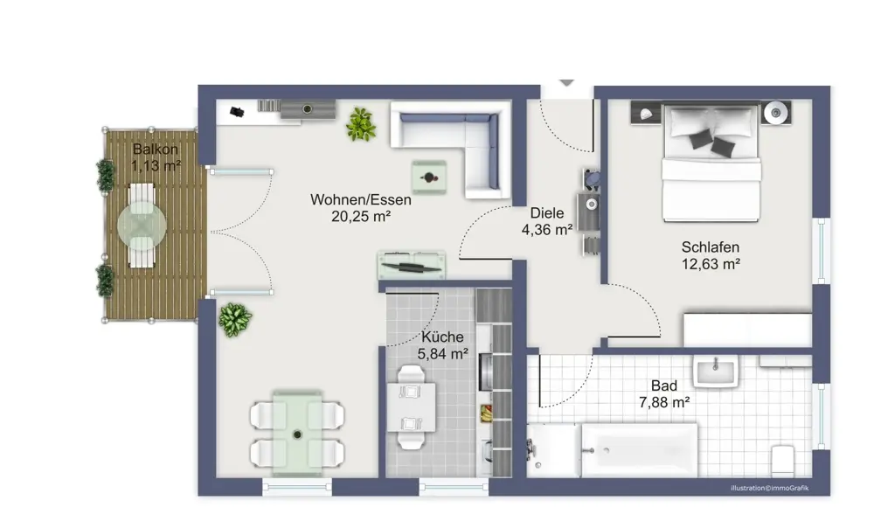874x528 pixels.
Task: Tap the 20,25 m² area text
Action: click(360, 217)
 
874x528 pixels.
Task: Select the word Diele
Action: click(547, 213)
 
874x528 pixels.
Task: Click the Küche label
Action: click(442, 337)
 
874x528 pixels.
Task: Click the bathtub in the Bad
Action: click(639, 449)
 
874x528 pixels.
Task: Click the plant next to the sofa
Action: click(360, 124)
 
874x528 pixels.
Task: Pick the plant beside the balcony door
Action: click(234, 319)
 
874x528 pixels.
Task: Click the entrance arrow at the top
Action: click(566, 82)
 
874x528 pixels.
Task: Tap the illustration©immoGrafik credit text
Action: click(770, 487)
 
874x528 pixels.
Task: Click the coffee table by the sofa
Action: click(428, 177)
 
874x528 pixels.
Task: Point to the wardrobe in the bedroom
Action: click(747, 330)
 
